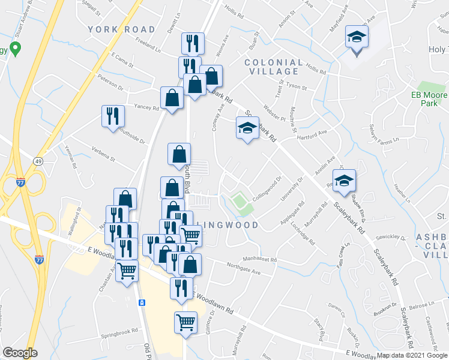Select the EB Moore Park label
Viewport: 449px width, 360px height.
(x=429, y=99)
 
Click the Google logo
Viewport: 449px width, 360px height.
(x=19, y=353)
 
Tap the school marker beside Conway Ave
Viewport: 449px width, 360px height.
(x=247, y=128)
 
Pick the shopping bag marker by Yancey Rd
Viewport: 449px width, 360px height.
(x=172, y=98)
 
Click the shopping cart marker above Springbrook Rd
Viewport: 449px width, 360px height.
(x=186, y=322)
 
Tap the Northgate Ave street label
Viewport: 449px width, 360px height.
(x=247, y=269)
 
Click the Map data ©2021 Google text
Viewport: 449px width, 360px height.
(x=412, y=355)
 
